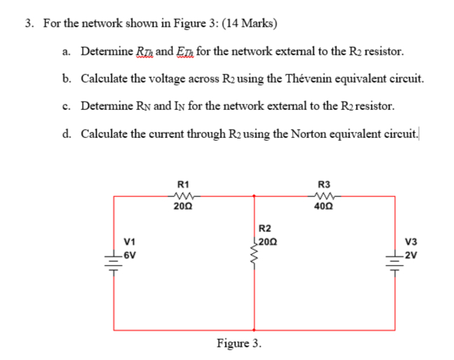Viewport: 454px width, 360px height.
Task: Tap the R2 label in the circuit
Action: [x=265, y=228]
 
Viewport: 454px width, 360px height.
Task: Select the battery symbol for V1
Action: [x=113, y=259]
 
